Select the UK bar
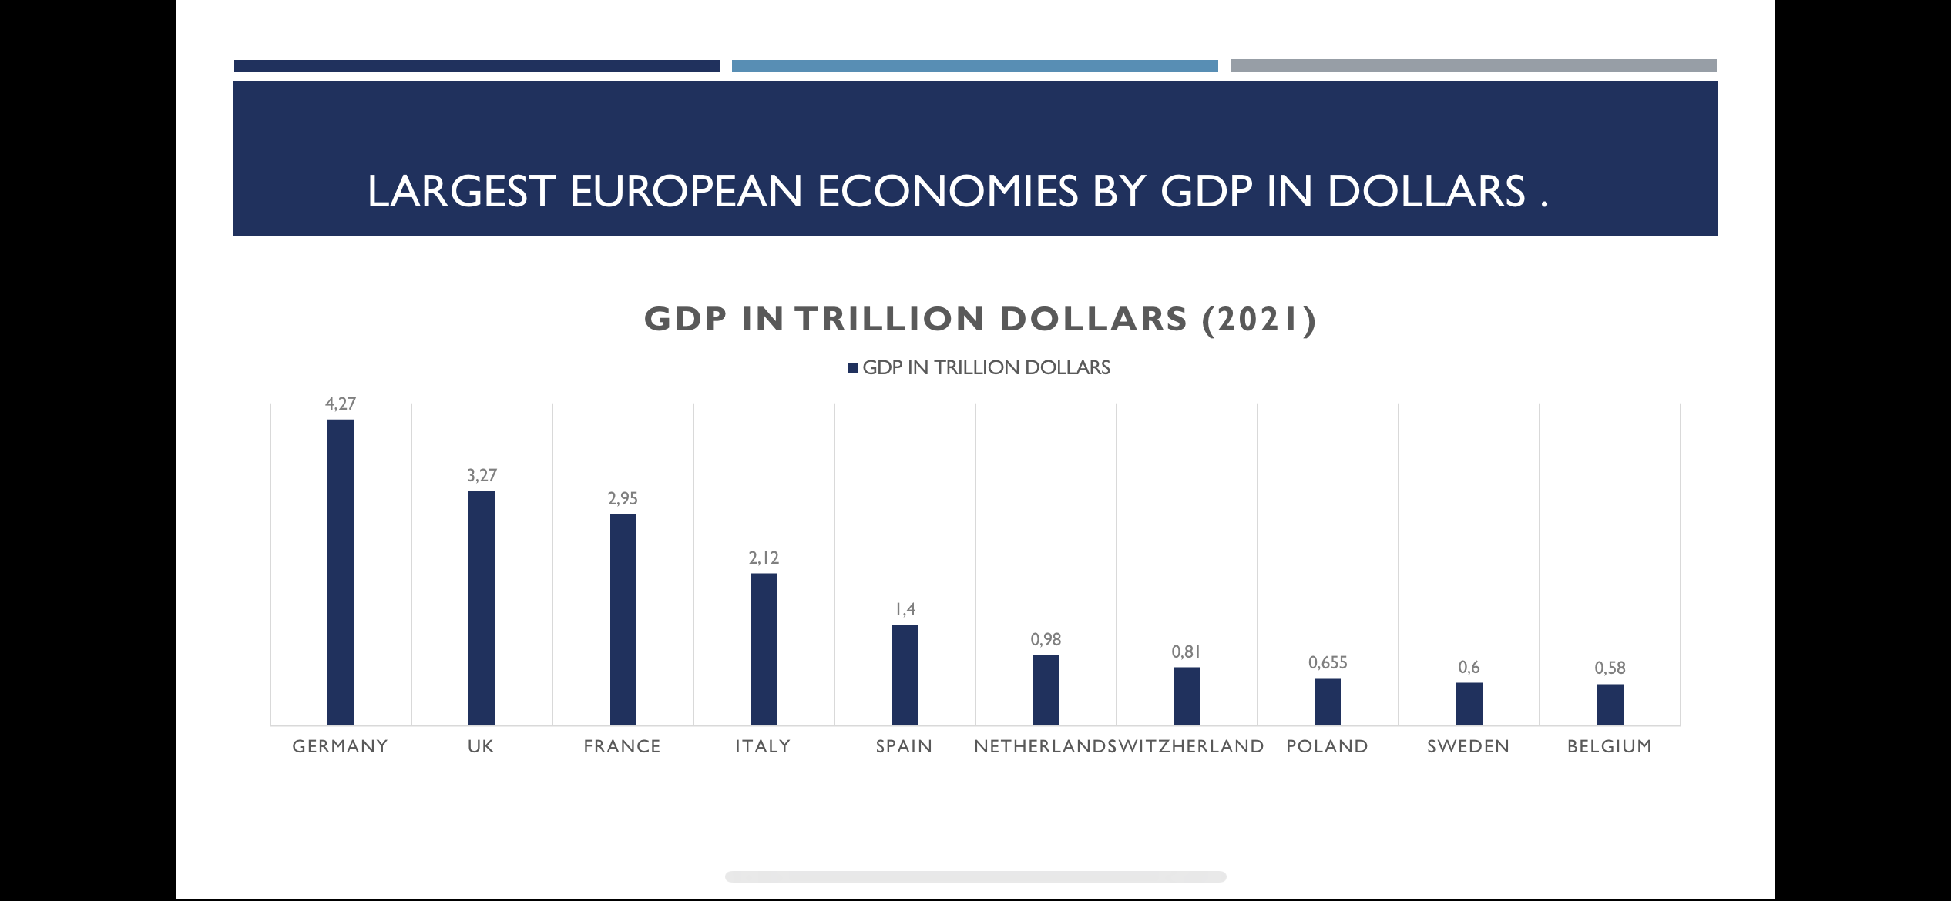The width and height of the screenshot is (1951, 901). (482, 608)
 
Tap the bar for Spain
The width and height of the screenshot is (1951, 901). (905, 675)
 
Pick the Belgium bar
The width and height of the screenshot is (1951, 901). (1610, 704)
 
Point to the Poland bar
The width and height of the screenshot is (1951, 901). (1328, 702)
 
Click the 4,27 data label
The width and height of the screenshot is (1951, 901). (341, 404)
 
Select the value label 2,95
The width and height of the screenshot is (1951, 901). (623, 498)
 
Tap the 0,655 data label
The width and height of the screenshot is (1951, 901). (1328, 662)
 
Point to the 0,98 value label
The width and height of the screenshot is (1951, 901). (1046, 639)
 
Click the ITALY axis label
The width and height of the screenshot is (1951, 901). (763, 746)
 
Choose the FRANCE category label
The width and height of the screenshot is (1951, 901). (622, 746)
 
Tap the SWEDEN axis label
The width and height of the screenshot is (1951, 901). (1468, 746)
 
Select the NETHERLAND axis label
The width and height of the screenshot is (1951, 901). (1040, 746)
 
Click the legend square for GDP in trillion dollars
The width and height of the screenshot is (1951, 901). (852, 368)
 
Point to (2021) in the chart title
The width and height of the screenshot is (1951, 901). (1259, 319)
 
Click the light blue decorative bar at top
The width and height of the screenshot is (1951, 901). (975, 66)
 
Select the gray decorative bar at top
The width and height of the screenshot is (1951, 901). (1473, 66)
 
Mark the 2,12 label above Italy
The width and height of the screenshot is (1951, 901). (764, 558)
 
